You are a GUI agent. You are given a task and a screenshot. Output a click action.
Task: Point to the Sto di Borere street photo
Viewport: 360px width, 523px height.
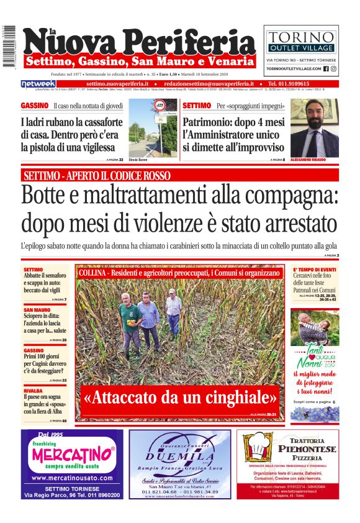(151, 129)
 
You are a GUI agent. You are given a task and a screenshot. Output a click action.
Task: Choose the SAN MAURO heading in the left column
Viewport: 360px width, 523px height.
(37, 309)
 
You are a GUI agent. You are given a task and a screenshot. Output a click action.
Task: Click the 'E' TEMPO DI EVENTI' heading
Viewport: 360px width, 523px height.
(315, 270)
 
